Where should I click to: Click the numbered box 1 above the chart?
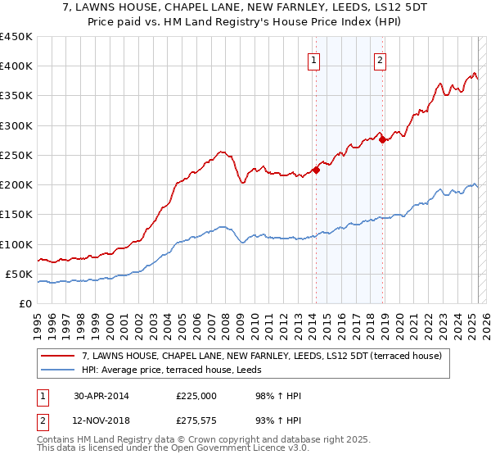click(315, 58)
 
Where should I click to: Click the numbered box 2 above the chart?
click(381, 58)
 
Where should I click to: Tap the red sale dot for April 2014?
click(316, 170)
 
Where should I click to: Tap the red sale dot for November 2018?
click(382, 140)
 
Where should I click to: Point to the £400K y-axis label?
click(16, 66)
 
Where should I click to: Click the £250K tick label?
click(16, 155)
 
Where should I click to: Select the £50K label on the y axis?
click(19, 274)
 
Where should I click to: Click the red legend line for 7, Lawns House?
click(59, 356)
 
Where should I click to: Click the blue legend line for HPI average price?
click(59, 370)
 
